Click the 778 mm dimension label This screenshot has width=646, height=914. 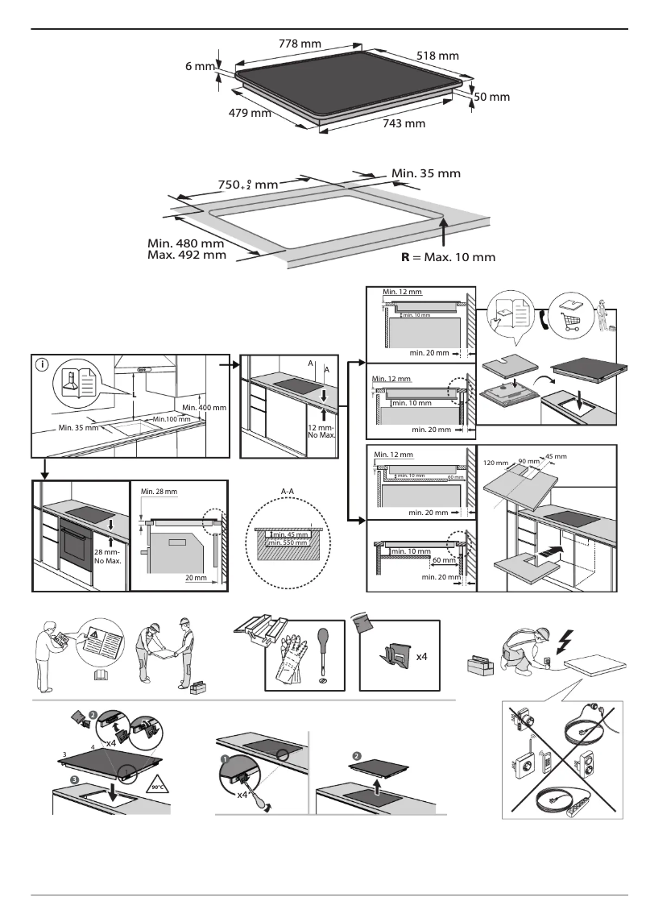pos(300,43)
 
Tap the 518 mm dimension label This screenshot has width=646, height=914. pos(438,56)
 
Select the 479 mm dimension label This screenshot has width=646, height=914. pos(251,114)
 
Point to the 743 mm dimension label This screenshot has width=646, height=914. pos(404,123)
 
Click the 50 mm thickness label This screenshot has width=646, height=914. pos(493,97)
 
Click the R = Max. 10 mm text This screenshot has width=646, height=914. pos(448,258)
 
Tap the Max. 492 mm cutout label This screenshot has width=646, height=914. pos(186,256)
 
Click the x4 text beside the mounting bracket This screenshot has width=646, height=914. pos(420,657)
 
